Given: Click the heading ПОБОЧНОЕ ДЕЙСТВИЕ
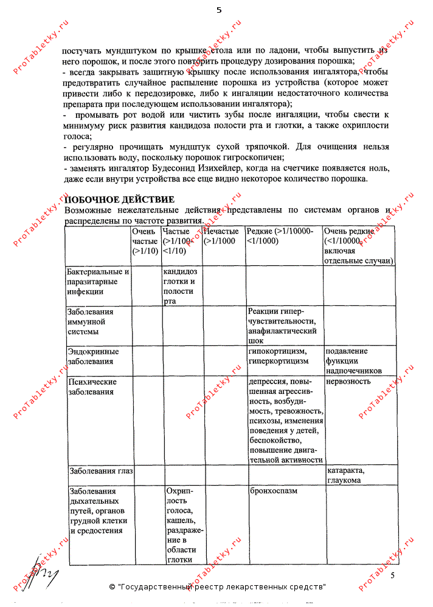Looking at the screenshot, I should (x=120, y=200).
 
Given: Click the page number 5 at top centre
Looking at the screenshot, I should (x=218, y=10).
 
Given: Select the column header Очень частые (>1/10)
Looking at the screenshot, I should (x=145, y=241).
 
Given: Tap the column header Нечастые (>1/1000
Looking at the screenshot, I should (x=221, y=236).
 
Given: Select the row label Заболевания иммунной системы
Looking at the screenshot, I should (x=91, y=322).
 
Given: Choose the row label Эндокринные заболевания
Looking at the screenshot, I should (x=93, y=356).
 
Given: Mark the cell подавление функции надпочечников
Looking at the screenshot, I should (x=355, y=361).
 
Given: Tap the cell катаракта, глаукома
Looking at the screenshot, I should (x=350, y=475).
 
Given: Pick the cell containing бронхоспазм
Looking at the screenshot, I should (x=274, y=490).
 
